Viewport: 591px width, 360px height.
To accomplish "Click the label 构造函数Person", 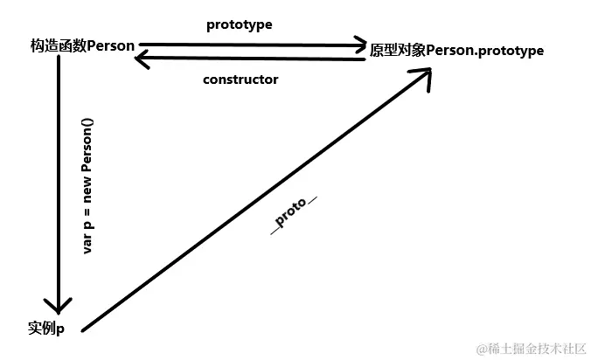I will (x=82, y=46).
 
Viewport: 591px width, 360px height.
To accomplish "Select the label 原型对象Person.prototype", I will (x=456, y=51).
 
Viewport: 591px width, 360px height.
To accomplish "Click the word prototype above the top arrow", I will (x=239, y=24).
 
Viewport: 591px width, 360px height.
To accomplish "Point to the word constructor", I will (x=240, y=80).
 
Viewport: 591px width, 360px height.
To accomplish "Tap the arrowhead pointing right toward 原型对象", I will (x=358, y=44).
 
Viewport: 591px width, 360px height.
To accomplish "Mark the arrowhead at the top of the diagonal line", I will (x=423, y=77).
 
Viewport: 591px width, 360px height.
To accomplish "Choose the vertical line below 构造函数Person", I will (x=58, y=175).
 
